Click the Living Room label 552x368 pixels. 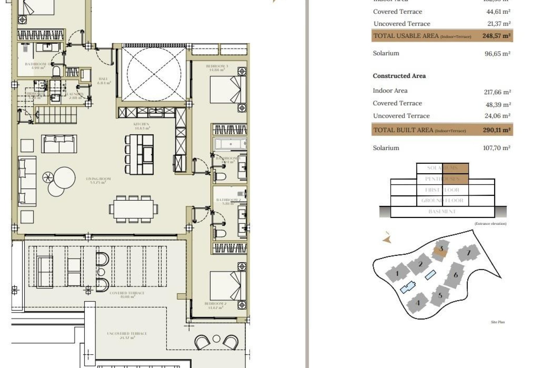click(x=98, y=181)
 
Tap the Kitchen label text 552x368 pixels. click(x=141, y=126)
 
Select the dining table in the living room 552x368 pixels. click(x=133, y=209)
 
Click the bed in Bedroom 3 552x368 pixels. click(x=228, y=89)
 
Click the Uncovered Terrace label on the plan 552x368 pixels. click(x=127, y=335)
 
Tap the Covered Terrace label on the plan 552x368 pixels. click(x=127, y=295)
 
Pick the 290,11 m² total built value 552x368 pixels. click(x=497, y=130)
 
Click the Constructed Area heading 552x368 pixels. click(x=399, y=76)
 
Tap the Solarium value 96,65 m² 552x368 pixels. click(x=497, y=54)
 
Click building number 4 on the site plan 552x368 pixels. click(x=418, y=303)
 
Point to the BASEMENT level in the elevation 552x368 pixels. click(x=442, y=212)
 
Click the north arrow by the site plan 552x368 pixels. click(x=387, y=239)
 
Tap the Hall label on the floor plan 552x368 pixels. click(x=103, y=80)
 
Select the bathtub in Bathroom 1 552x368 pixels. click(x=230, y=143)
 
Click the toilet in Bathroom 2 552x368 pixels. click(x=220, y=233)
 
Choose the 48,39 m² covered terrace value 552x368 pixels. click(x=498, y=105)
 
